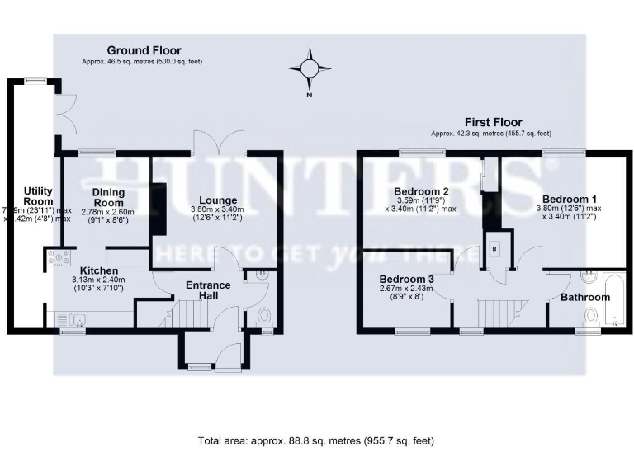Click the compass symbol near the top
[310, 69]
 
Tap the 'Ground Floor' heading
[144, 50]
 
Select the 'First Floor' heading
[490, 120]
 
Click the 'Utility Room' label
[38, 196]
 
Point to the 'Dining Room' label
[107, 197]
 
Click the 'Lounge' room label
[218, 200]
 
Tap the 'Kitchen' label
[99, 270]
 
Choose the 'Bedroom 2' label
[415, 192]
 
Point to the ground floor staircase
[192, 314]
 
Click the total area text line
[316, 441]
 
